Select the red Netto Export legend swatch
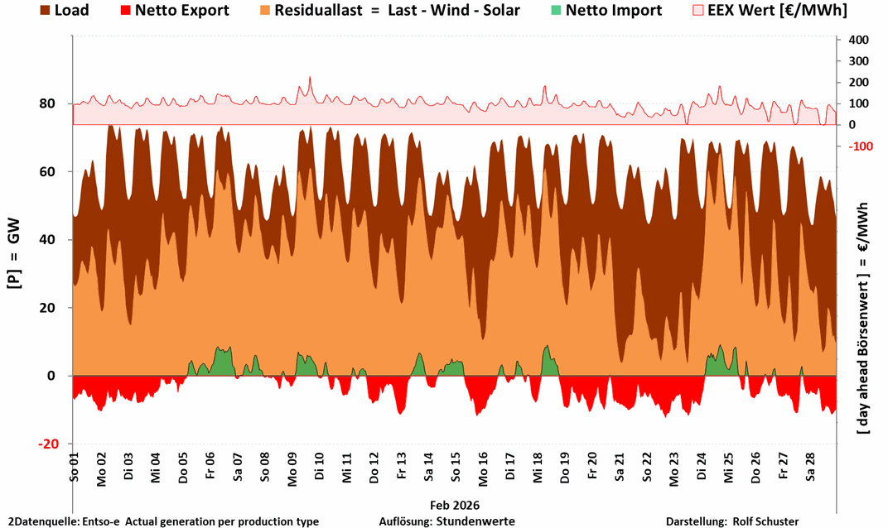click(124, 11)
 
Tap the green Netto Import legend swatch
click(556, 11)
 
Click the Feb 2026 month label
click(455, 504)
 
